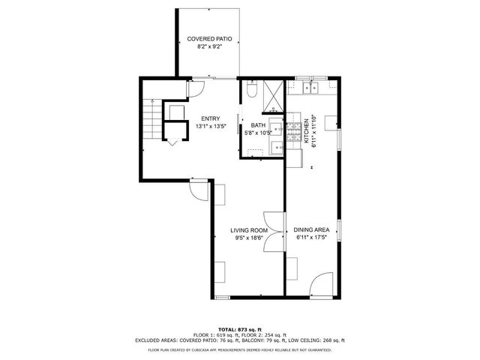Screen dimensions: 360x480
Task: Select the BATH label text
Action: (258, 125)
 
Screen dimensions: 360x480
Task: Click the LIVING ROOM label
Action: (249, 230)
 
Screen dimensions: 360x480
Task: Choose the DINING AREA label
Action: (312, 230)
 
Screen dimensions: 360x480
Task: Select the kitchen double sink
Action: (310, 88)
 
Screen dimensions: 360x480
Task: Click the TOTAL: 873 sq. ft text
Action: (239, 329)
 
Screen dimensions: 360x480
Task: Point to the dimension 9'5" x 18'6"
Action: (249, 238)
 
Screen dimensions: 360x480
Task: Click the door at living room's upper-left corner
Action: (199, 192)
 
